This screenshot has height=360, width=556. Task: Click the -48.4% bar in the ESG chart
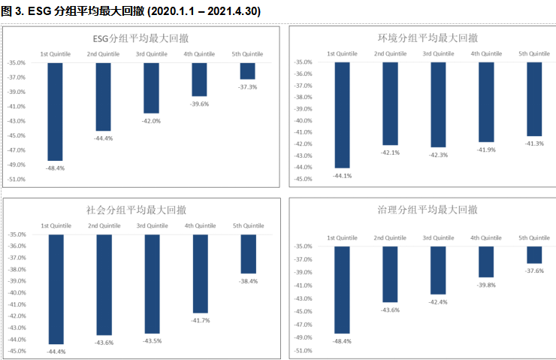tap(55, 111)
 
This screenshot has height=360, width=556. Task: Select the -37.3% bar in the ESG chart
tap(247, 71)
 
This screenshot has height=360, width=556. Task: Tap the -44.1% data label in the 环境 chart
tap(342, 175)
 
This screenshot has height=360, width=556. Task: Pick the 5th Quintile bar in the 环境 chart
tap(533, 98)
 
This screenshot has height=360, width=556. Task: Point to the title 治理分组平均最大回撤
tap(427, 210)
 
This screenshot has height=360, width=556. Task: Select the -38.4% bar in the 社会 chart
tap(247, 254)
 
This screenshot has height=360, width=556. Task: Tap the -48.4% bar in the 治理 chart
tap(342, 289)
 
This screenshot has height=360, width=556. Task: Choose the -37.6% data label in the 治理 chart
tap(534, 271)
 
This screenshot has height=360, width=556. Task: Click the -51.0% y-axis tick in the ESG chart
tap(17, 179)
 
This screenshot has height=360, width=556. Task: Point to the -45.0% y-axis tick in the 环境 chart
tap(304, 179)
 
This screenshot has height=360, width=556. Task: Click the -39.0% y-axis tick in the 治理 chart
tap(304, 272)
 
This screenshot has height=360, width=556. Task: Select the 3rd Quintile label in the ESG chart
tap(151, 54)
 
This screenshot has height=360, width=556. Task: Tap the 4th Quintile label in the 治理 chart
tap(486, 237)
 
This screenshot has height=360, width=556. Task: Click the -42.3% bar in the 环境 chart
tap(438, 104)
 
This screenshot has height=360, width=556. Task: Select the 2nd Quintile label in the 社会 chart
tap(104, 225)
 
